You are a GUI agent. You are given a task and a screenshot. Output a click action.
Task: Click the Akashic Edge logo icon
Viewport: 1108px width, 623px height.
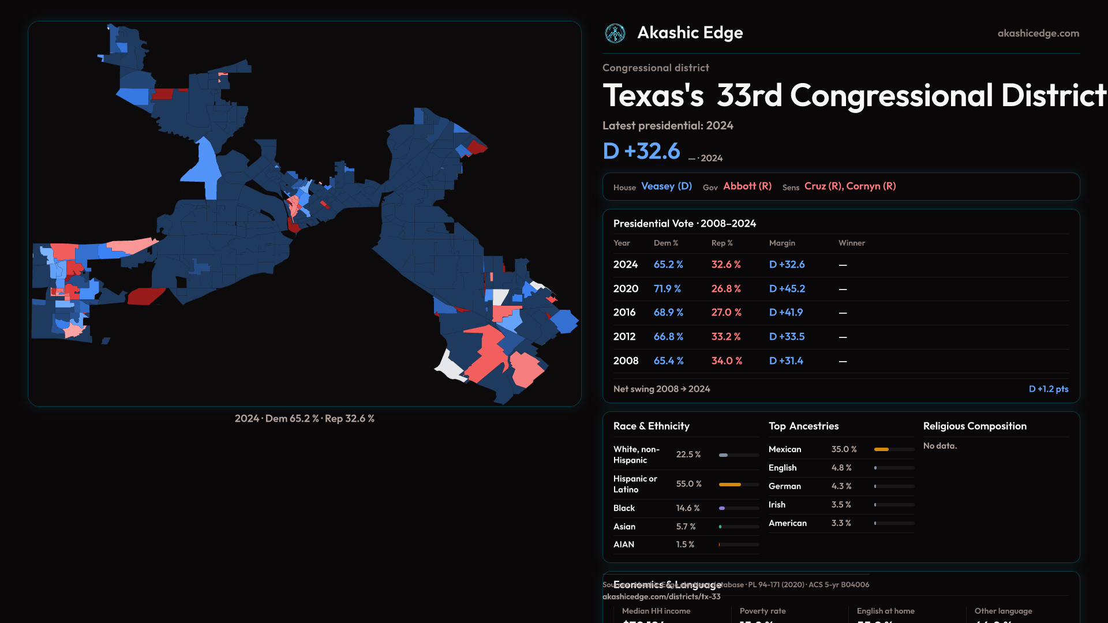tap(615, 33)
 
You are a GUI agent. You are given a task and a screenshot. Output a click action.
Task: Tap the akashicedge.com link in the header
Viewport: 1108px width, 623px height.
tap(1038, 33)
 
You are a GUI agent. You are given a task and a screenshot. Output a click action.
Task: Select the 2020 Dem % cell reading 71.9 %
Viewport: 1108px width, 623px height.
tap(667, 288)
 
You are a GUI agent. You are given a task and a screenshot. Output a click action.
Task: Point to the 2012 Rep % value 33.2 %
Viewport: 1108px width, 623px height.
tap(725, 337)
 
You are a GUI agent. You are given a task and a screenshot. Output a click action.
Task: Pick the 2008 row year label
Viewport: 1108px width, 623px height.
tap(626, 361)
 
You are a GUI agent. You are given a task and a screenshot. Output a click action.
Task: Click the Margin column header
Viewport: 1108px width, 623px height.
tap(782, 243)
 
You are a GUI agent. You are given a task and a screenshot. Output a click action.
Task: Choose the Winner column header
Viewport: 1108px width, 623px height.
tap(851, 243)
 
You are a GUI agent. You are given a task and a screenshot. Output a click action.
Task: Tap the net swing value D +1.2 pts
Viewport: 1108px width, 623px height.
tap(1048, 389)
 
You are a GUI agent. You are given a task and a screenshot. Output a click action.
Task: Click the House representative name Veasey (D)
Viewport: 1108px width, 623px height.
tap(667, 186)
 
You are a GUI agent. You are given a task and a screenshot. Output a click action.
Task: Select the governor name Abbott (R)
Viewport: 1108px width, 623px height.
tap(747, 186)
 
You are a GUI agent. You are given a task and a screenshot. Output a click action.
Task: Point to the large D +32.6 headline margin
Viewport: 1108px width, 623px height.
tap(641, 151)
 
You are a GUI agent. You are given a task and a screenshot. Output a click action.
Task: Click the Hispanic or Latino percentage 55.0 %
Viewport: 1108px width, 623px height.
tap(688, 484)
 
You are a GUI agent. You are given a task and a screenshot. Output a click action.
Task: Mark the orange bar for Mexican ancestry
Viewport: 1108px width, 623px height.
tap(881, 449)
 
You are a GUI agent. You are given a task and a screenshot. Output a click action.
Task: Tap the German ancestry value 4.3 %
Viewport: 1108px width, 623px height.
tap(841, 486)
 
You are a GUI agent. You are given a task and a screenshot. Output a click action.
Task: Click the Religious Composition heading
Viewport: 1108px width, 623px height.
tap(975, 426)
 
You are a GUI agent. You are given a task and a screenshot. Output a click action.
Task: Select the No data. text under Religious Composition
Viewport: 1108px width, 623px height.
tap(939, 446)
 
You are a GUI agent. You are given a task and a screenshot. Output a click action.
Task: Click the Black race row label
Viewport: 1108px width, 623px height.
tap(624, 508)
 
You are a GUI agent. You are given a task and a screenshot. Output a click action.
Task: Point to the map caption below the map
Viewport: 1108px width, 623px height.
tap(304, 419)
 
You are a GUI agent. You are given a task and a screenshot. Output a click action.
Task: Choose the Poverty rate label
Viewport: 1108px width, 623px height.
tap(762, 611)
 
